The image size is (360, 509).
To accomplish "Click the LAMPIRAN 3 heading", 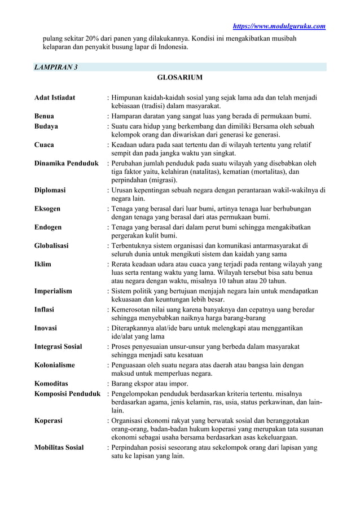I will click(56, 68).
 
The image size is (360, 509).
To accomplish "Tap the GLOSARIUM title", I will click(181, 77).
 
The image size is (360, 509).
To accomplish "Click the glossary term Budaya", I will click(46, 126).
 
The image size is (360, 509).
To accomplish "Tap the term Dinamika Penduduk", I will click(66, 164).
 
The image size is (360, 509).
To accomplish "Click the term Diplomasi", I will click(50, 190).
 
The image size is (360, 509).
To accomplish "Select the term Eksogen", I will click(47, 209).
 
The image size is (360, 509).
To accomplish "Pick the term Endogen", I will click(48, 227).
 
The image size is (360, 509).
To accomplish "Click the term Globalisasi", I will click(52, 245).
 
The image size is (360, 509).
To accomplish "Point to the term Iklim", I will click(43, 264).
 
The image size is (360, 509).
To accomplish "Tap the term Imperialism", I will click(53, 291).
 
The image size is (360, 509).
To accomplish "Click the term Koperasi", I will click(49, 420).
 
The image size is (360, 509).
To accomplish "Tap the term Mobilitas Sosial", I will click(59, 447).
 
